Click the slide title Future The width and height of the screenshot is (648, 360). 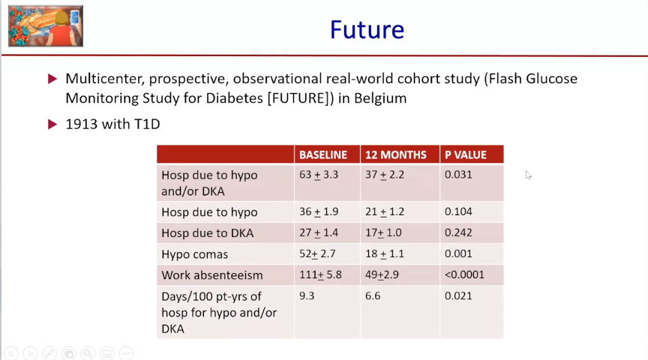367,30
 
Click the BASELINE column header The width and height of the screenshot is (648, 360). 323,155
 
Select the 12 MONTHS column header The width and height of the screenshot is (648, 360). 395,155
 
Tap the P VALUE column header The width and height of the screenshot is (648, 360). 465,155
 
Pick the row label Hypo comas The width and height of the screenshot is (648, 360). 194,254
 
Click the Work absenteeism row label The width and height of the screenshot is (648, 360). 212,275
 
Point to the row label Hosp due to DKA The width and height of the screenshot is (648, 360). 208,233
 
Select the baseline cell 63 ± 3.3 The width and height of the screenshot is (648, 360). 319,175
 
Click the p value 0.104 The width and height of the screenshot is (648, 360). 458,211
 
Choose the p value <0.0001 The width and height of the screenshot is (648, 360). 464,274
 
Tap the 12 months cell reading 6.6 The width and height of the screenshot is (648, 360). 372,296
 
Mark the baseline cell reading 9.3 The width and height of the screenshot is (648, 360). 307,296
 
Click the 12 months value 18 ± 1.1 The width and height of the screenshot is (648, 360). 384,253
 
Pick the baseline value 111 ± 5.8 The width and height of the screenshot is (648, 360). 320,274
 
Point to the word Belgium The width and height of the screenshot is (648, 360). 380,98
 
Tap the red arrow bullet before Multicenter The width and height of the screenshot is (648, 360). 52,79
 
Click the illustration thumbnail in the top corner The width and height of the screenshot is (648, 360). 46,26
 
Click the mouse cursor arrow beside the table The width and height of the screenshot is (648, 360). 529,175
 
